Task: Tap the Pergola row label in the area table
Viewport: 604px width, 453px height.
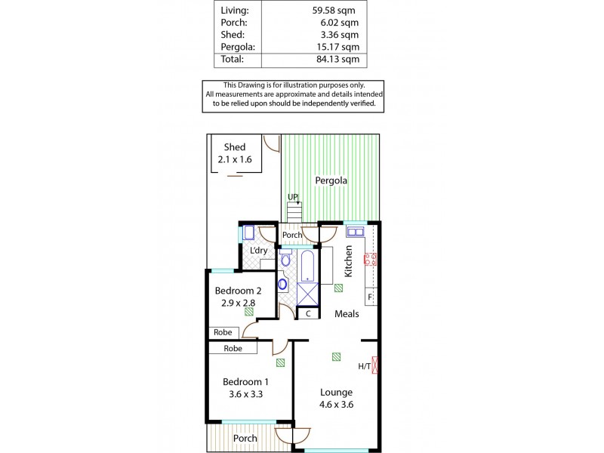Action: [x=239, y=46]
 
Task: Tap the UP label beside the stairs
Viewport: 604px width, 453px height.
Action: [x=293, y=198]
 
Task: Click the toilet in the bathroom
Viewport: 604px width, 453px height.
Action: [x=285, y=260]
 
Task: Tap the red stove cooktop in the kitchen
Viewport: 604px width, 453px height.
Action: [x=371, y=260]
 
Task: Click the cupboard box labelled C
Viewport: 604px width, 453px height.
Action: [x=308, y=313]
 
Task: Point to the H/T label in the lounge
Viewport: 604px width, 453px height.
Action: [x=364, y=367]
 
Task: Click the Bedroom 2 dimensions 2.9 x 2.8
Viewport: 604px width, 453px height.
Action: [x=238, y=303]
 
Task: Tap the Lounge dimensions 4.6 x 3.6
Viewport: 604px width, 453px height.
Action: [x=335, y=405]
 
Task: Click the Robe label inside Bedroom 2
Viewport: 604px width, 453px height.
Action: [x=223, y=331]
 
